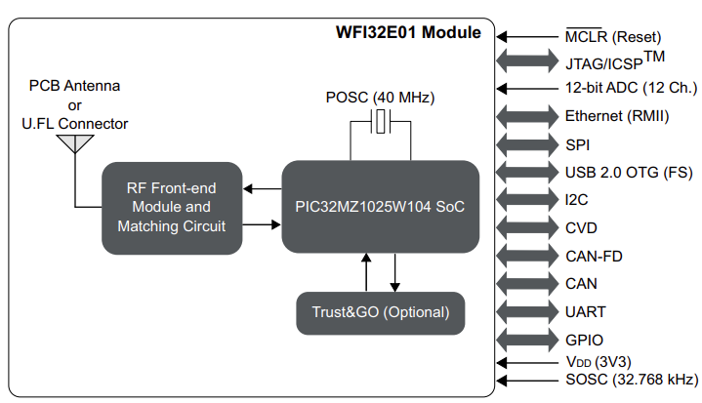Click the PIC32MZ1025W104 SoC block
point(381,207)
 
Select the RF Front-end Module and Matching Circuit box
point(171,207)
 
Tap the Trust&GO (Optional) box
point(380,312)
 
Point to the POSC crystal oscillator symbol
point(381,123)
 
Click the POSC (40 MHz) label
point(381,99)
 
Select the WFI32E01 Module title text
point(408,32)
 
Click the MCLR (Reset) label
point(611,38)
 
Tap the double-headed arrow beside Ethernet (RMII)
point(527,116)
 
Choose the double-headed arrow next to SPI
point(527,144)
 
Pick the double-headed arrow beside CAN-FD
point(527,257)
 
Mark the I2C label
point(576,200)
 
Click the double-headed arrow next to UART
point(527,312)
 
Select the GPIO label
point(583,340)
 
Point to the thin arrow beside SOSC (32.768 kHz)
point(527,380)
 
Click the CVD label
point(580,228)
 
